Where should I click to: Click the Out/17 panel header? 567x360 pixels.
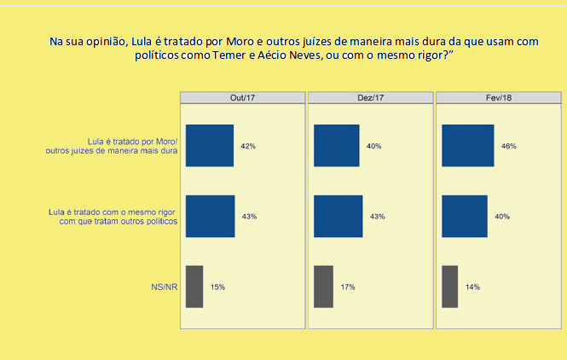point(242,97)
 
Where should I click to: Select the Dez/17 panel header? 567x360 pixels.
point(370,97)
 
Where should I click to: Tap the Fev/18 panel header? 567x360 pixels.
point(499,97)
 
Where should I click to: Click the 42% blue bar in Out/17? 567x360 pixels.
point(209,146)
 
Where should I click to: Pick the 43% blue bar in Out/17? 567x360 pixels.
point(210,216)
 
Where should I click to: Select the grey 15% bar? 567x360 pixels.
point(194,287)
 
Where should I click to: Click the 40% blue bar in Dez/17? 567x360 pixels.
point(336,146)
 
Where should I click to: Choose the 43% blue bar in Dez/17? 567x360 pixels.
point(338,216)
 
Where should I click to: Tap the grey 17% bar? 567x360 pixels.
point(323,287)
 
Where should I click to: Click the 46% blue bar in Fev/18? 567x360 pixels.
point(468,146)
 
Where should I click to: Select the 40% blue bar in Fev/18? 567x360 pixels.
point(465,216)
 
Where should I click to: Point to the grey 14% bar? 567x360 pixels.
point(450,287)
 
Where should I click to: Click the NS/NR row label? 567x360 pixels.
point(163,287)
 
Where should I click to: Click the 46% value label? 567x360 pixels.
point(508,147)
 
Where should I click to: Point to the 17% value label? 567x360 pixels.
point(348,287)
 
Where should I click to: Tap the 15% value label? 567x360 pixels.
point(217,287)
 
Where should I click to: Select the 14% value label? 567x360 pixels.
point(472,287)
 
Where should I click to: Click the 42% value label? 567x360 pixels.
point(248,147)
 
